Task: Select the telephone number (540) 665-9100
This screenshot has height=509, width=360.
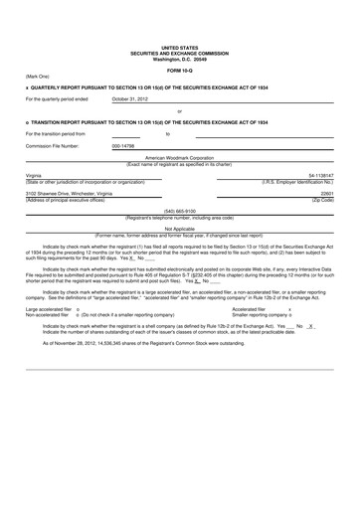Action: point(179,211)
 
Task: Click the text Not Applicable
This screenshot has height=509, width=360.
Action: point(179,228)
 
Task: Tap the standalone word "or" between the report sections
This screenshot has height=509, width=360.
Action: point(179,111)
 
